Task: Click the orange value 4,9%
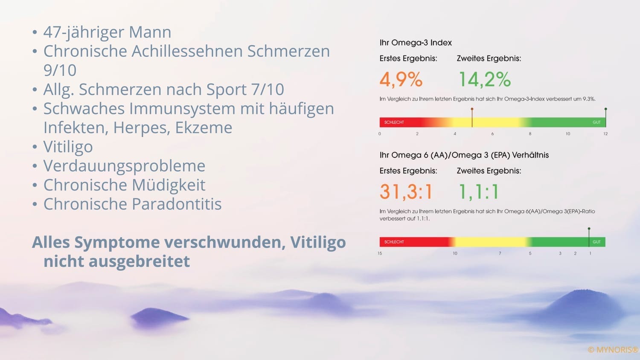coord(401,79)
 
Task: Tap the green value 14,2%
coord(484,79)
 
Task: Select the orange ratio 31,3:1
coord(406,192)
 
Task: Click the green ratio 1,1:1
coord(478,192)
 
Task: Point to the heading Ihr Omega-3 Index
coord(416,43)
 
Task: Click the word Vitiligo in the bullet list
coord(68,147)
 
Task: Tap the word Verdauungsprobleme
coord(124,166)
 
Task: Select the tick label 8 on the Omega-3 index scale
coord(530,134)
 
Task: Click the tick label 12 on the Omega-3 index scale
coord(605,134)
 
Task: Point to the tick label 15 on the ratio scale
coord(380,253)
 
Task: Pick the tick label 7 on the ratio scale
coord(500,253)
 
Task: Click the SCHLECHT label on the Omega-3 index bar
coord(394,122)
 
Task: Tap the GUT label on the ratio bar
coord(596,242)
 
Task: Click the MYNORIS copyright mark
coord(613,350)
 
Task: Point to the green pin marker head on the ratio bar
coord(589,229)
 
